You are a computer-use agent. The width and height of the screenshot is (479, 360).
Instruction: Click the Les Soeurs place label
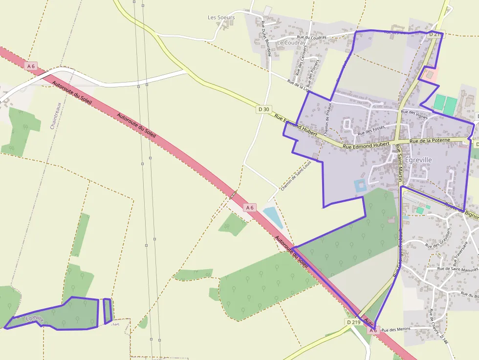pos(221,18)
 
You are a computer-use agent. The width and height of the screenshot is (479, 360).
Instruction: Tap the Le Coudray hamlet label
pos(291,42)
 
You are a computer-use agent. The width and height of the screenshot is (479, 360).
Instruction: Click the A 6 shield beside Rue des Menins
pos(373,331)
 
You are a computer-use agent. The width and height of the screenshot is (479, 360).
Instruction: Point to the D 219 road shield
pos(353,322)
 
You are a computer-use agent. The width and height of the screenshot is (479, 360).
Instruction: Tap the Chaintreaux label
pos(56,115)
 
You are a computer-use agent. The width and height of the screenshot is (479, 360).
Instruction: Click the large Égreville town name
pos(418,160)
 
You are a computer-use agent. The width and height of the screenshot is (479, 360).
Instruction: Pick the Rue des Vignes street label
pos(414,114)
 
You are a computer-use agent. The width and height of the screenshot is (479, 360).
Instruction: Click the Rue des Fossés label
pos(371,130)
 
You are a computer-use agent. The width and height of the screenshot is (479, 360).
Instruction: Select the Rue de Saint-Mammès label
pos(458,269)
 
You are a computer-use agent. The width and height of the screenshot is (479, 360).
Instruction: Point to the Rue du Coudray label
pos(311,37)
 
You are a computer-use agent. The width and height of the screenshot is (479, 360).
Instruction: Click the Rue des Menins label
pos(395,330)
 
